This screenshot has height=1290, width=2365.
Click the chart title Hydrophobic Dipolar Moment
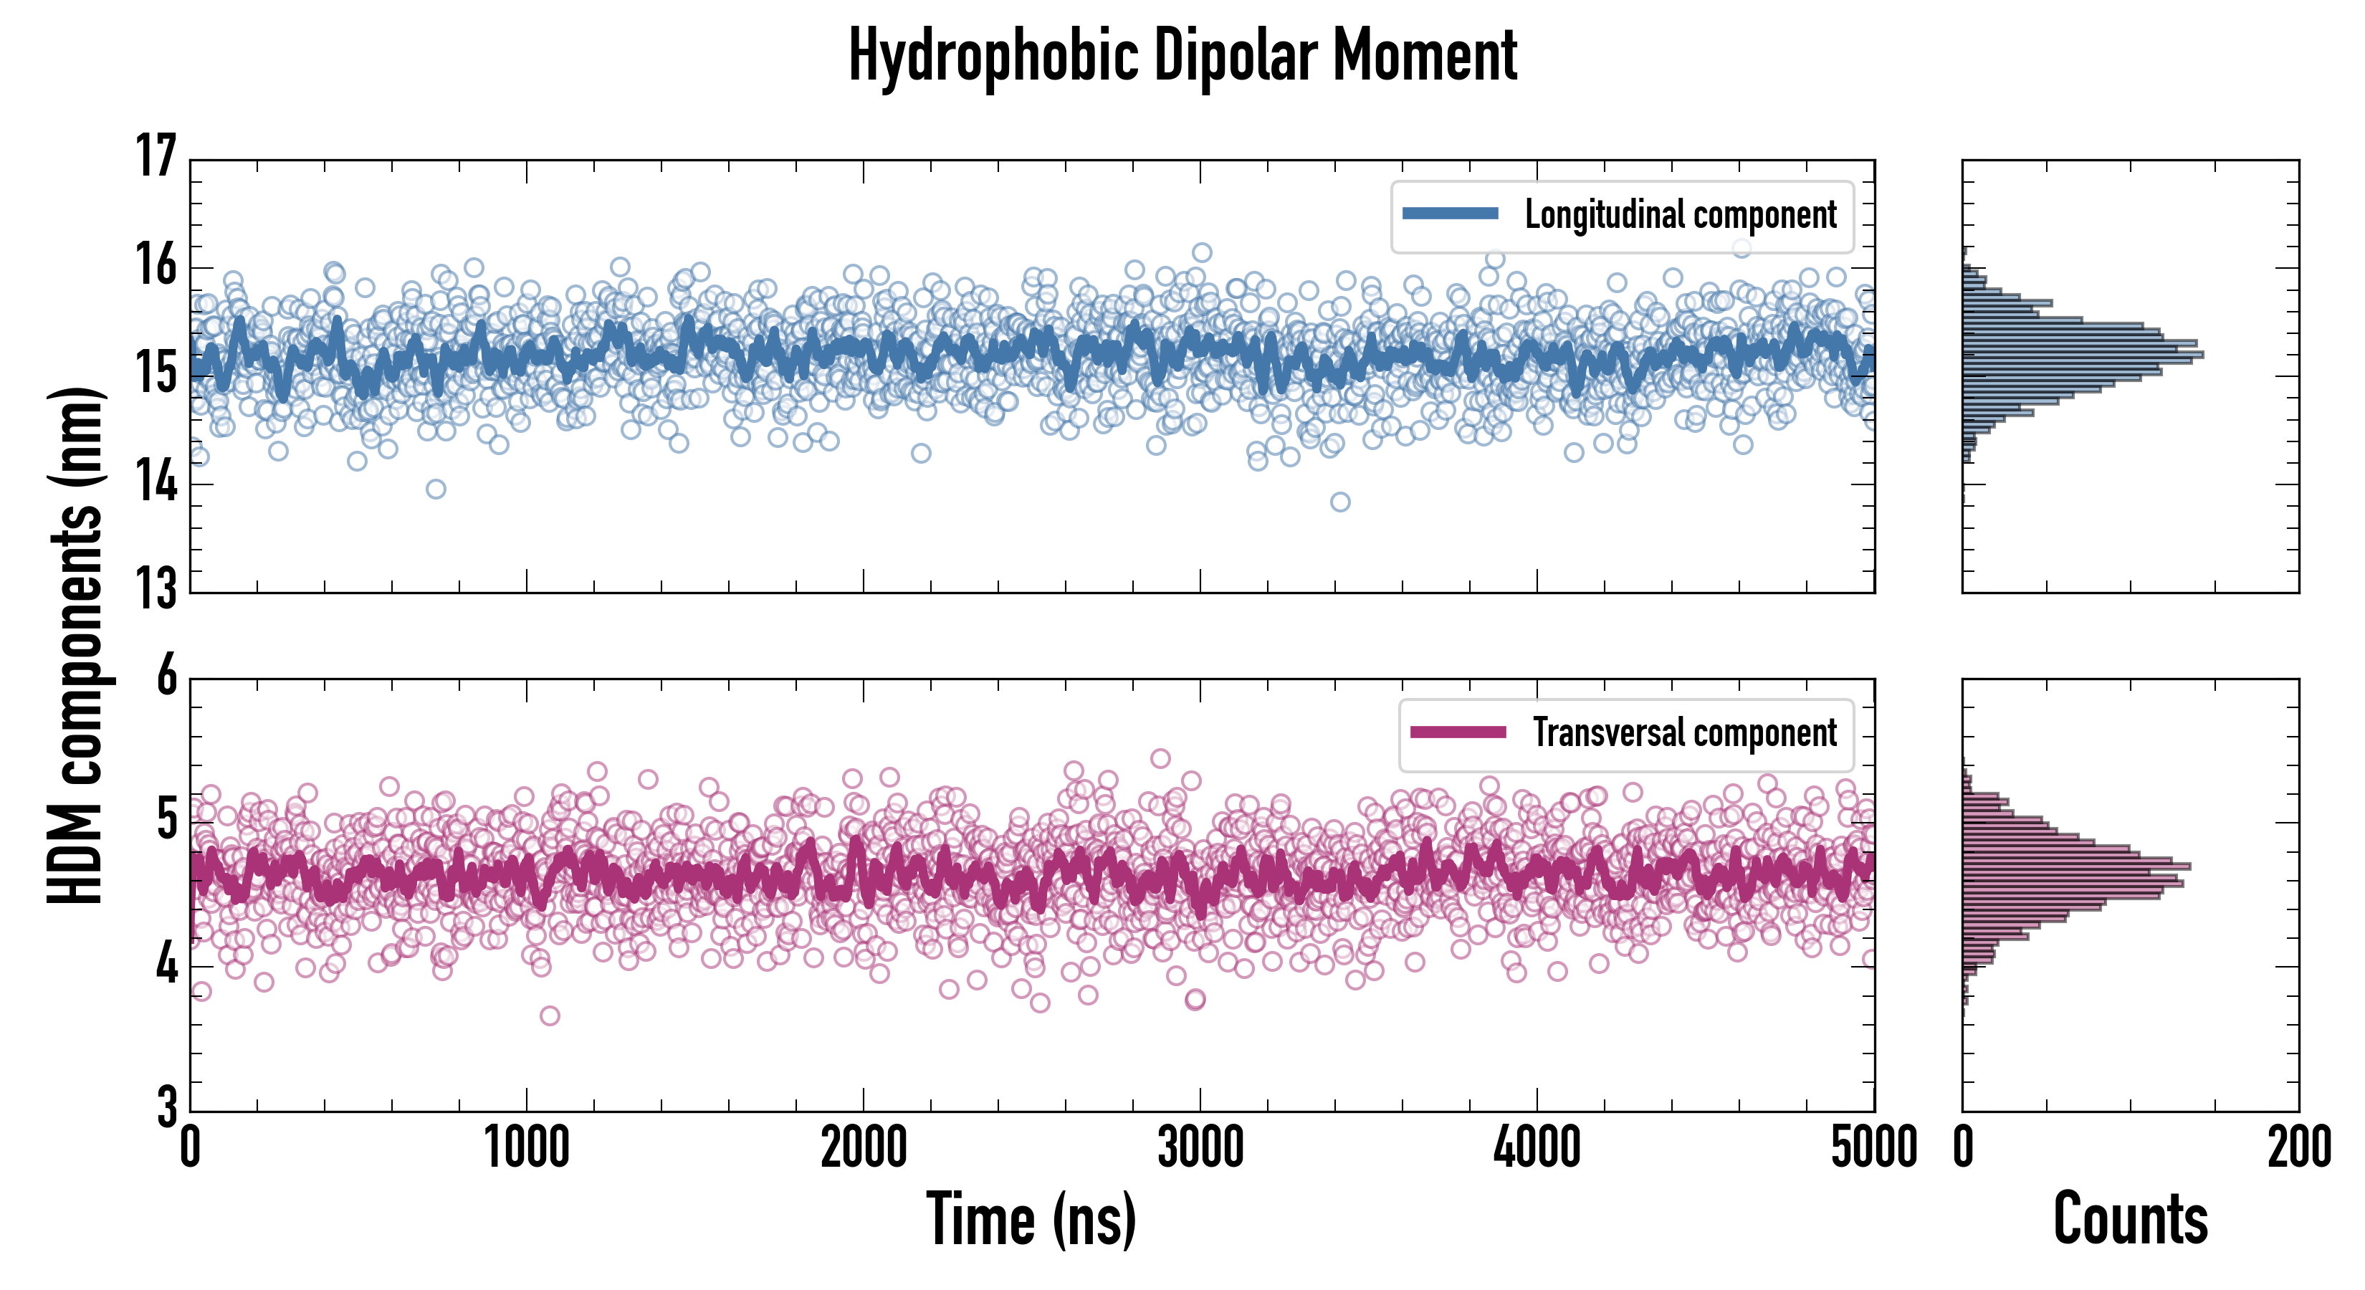(1182, 57)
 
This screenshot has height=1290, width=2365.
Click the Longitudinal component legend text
(1680, 215)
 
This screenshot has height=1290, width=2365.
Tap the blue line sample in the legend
(1450, 214)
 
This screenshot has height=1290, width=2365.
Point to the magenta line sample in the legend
(1457, 732)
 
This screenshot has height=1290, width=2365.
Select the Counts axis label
(2130, 1219)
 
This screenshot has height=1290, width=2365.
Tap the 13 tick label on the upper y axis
(156, 588)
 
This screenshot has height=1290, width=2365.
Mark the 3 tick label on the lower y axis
(166, 1107)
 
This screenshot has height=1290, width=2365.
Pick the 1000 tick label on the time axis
(527, 1147)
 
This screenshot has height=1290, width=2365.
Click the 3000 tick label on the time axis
(1200, 1147)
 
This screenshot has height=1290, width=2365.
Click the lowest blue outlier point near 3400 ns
(1340, 502)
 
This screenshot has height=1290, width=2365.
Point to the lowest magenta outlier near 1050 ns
(550, 1016)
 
